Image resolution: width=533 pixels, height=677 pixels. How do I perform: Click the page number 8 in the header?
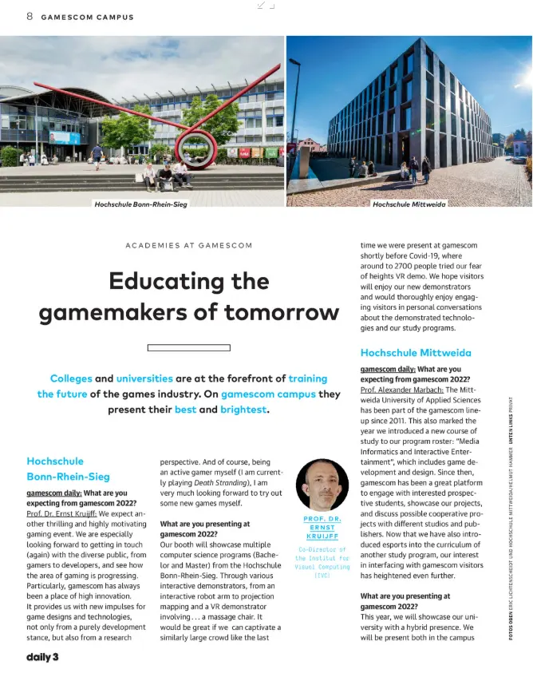30,16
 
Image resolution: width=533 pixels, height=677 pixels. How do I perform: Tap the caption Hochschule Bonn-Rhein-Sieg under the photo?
140,204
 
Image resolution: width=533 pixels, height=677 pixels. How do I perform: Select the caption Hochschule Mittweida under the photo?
409,204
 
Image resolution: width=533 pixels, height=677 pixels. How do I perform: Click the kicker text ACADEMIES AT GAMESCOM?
189,245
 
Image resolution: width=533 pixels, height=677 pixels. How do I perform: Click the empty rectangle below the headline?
189,347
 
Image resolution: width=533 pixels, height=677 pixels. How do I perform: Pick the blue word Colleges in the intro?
71,378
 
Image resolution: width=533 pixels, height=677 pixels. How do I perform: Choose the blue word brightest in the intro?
244,410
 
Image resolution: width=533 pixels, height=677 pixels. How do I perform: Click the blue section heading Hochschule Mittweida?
416,352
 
